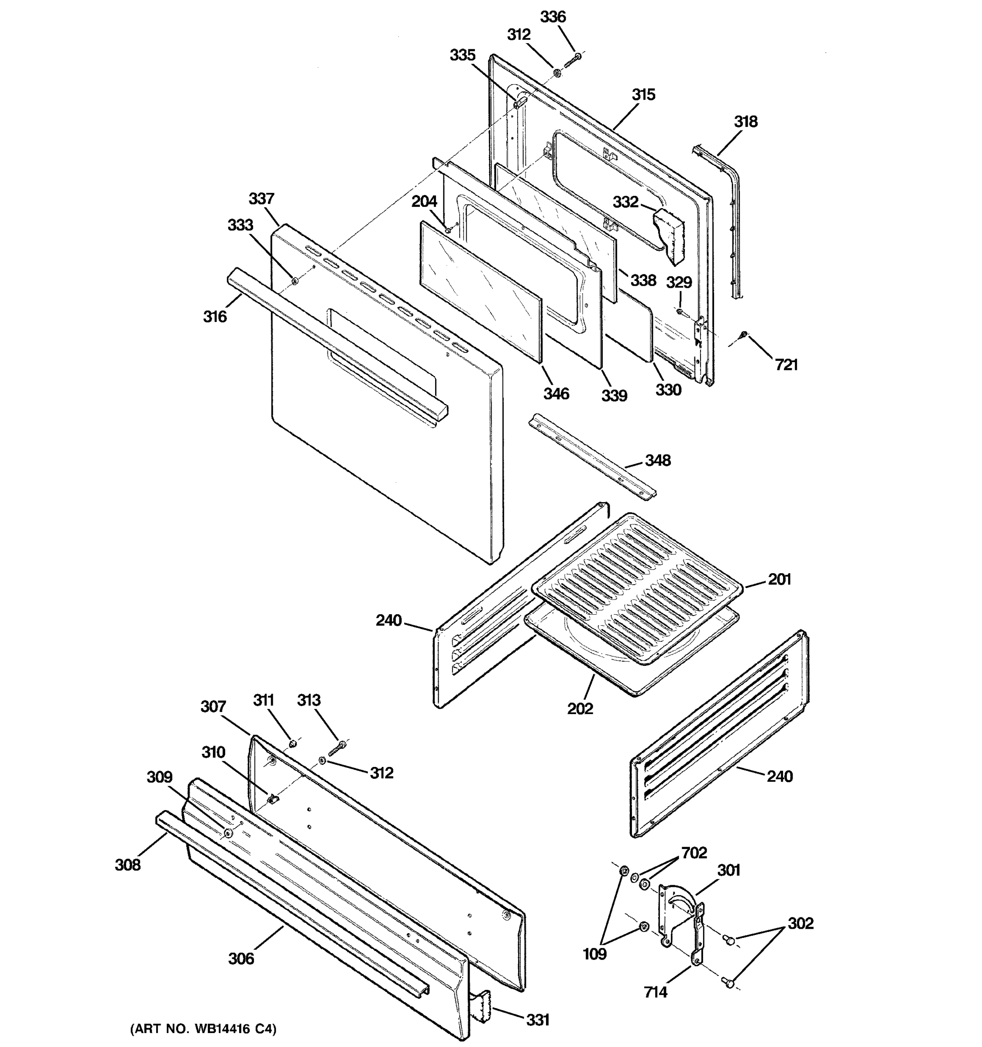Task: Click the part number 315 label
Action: [x=643, y=95]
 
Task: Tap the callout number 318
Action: [x=745, y=122]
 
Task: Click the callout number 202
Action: [x=580, y=708]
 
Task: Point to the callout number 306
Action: [x=241, y=958]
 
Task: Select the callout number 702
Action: [x=694, y=853]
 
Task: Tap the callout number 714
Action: [x=656, y=992]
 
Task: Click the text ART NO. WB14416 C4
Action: [x=203, y=1029]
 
